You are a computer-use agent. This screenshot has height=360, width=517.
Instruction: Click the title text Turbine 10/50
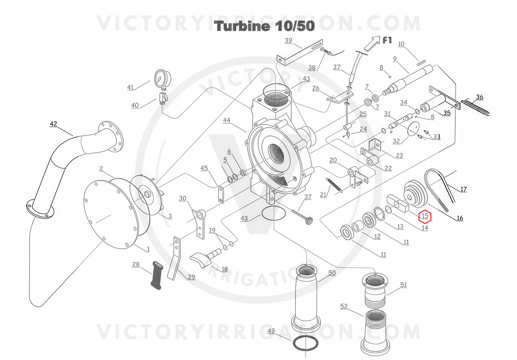coord(265,26)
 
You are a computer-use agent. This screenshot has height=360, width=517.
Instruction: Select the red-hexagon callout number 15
coord(425,216)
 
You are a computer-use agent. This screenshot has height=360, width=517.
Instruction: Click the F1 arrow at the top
coord(372,43)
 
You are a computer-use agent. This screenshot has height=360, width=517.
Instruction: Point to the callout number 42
coord(53,124)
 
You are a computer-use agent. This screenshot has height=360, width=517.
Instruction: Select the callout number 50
coord(332,273)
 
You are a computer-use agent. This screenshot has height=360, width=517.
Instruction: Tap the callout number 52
coord(344,306)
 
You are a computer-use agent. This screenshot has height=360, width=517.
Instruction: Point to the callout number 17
coord(463,189)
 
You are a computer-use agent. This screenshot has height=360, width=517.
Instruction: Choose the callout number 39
coord(288,41)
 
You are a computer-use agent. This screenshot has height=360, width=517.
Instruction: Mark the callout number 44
coord(227,120)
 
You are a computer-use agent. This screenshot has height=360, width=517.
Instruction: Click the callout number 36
coord(480,97)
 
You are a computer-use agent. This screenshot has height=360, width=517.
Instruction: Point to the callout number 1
coord(148,249)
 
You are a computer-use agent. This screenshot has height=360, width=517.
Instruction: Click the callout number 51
coord(403,285)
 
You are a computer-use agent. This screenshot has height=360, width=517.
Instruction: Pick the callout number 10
coord(401,44)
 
